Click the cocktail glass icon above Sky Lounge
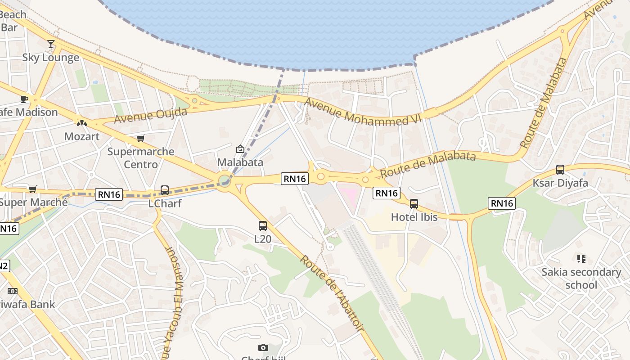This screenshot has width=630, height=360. (51, 44)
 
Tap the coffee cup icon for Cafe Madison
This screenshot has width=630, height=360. (24, 99)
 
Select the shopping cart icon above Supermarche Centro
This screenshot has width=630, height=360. (141, 138)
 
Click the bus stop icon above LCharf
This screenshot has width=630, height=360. (165, 190)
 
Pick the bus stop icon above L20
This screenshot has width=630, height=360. (263, 225)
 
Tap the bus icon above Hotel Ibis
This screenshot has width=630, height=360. (414, 204)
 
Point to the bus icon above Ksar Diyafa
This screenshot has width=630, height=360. (560, 170)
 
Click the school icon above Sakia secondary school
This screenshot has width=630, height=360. (581, 259)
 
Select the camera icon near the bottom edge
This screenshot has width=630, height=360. (263, 347)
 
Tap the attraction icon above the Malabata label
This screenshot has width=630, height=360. (240, 149)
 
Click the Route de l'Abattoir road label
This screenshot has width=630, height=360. (332, 293)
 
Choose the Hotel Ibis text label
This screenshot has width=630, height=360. (414, 217)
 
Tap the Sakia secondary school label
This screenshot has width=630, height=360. (581, 279)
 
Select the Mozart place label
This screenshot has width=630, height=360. (82, 136)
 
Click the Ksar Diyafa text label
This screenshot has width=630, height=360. (560, 183)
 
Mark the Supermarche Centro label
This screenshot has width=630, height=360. (141, 157)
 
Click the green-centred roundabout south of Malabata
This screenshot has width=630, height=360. (225, 181)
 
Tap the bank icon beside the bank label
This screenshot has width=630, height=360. (13, 291)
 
